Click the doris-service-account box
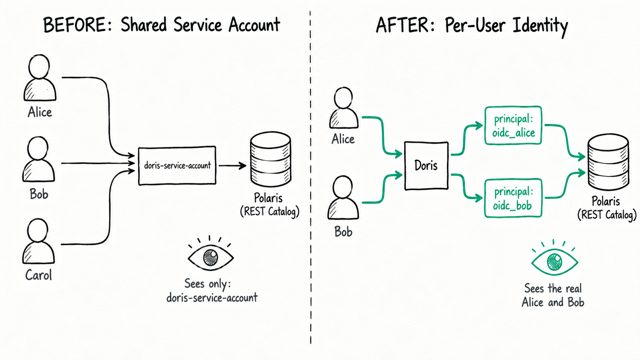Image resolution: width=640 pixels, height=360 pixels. pyautogui.click(x=177, y=166)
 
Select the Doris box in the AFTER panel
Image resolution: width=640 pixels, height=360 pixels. pyautogui.click(x=426, y=166)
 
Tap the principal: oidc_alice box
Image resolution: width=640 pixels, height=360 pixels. pyautogui.click(x=513, y=125)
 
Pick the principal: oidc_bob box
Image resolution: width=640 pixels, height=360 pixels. pyautogui.click(x=513, y=198)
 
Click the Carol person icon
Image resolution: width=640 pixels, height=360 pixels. pyautogui.click(x=39, y=241)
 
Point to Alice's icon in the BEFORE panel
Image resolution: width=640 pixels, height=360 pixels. pyautogui.click(x=40, y=78)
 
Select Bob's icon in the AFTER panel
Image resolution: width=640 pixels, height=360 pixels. pyautogui.click(x=343, y=197)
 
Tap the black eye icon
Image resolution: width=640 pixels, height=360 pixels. pyautogui.click(x=211, y=253)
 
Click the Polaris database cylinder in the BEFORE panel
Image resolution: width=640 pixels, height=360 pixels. pyautogui.click(x=271, y=159)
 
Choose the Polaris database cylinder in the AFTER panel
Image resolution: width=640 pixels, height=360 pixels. pyautogui.click(x=608, y=162)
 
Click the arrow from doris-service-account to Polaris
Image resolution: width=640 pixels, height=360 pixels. pyautogui.click(x=232, y=166)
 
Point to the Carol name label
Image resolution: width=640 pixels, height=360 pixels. pyautogui.click(x=39, y=275)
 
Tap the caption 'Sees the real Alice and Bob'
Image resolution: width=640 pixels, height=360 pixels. pyautogui.click(x=553, y=295)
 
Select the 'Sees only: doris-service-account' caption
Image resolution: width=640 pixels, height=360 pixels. pyautogui.click(x=212, y=291)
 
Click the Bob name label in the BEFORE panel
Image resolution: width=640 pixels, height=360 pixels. pyautogui.click(x=39, y=194)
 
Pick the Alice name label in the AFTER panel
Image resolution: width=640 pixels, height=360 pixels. pyautogui.click(x=343, y=139)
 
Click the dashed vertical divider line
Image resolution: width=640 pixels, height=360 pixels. pyautogui.click(x=310, y=177)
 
